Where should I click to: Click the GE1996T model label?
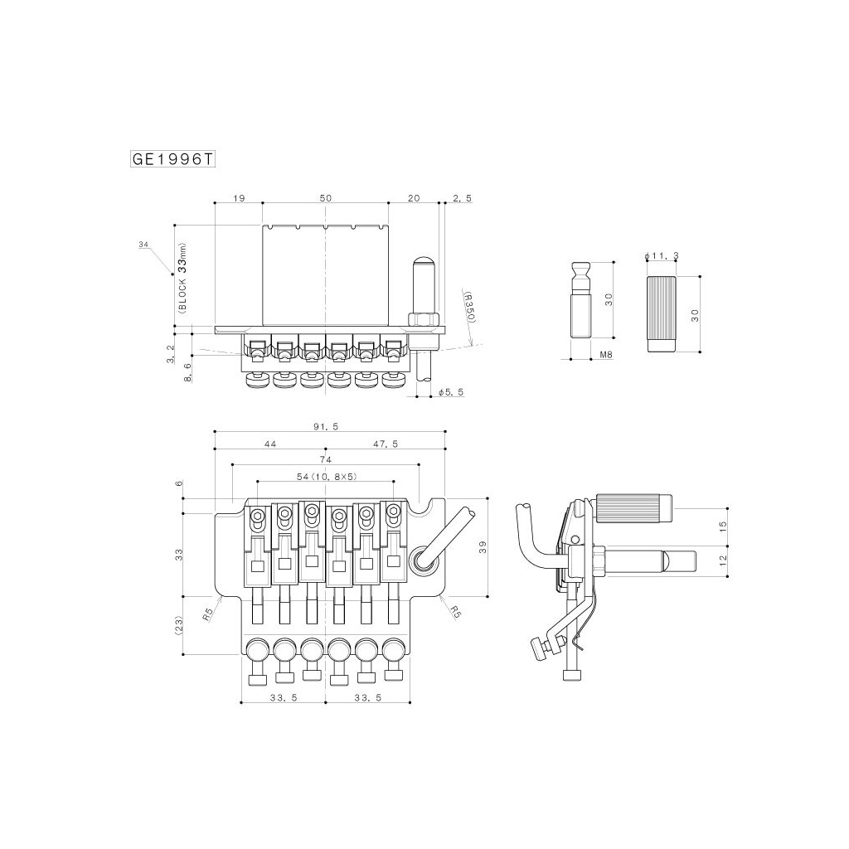pos(172,160)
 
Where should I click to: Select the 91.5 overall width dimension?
pos(326,427)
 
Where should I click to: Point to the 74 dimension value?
pos(325,459)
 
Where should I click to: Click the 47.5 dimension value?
pos(386,444)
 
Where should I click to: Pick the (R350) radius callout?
pos(469,307)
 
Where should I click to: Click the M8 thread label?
pos(606,355)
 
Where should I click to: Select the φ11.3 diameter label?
pos(662,255)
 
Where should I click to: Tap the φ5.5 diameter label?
pos(451,392)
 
